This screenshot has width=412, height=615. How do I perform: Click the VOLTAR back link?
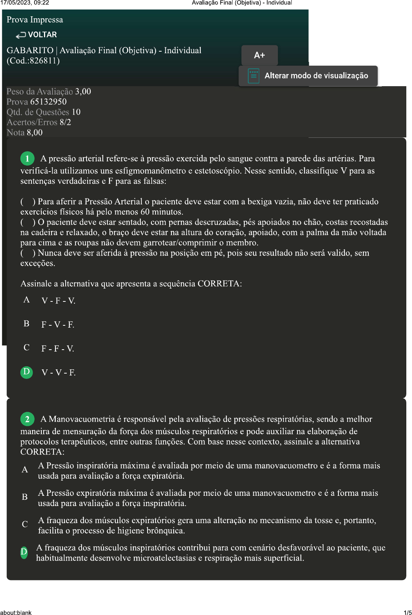pos(37,35)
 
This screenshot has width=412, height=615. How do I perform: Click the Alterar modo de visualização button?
pos(308,76)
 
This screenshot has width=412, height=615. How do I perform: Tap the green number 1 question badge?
pos(27,158)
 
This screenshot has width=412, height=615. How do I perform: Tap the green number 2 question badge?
pos(27,419)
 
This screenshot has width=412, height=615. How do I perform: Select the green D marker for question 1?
pos(27,372)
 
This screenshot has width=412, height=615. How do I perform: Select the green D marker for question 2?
pos(24,552)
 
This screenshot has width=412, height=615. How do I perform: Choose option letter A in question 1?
pos(27,300)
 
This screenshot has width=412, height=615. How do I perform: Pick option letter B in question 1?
pos(27,324)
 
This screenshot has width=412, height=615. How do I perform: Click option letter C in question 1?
pos(27,348)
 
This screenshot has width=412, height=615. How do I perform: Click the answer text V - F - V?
pos(58,301)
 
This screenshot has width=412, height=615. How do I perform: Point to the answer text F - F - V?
pos(58,349)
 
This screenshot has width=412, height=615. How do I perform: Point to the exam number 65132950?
pos(49,102)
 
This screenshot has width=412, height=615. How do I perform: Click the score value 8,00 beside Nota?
pos(35,132)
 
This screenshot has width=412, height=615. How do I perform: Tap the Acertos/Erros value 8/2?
pos(65,122)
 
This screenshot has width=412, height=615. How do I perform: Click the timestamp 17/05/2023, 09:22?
pos(25,3)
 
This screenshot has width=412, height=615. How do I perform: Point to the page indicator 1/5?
pos(407,612)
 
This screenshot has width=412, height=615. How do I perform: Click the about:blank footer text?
pos(16,612)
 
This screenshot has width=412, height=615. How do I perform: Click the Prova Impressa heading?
pos(35,20)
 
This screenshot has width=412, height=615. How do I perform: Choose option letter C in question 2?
pos(25,524)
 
